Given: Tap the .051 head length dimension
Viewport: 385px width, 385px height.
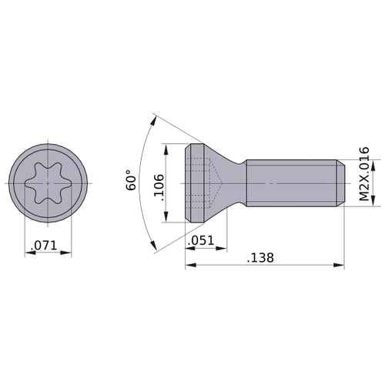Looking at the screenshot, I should click(203, 241).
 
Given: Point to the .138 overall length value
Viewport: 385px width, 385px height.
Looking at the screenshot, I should click(262, 258).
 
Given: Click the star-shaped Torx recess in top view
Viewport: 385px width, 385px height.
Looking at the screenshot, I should click(48, 183).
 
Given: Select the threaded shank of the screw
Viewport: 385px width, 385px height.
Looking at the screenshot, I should click(293, 183).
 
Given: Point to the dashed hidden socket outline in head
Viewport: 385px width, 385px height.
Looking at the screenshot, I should click(204, 183).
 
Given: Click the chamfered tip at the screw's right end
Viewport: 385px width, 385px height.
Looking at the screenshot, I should click(340, 183).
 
